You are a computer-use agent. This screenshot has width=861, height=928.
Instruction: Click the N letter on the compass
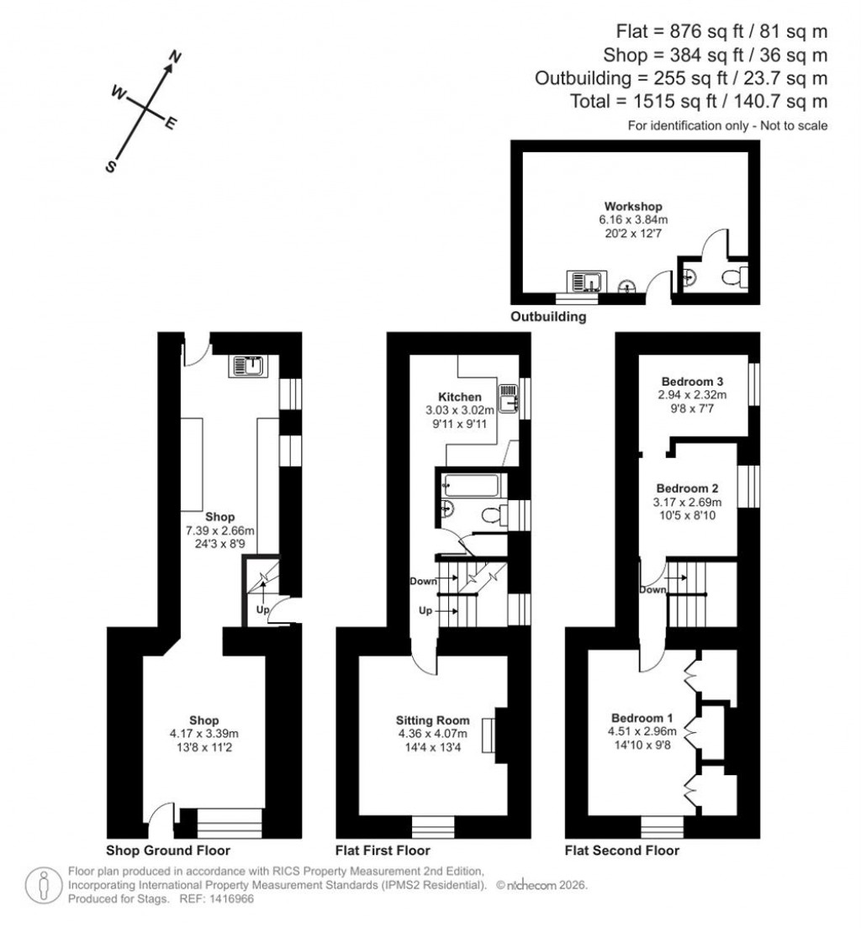click(176, 58)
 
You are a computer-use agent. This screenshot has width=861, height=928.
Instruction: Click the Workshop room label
click(633, 206)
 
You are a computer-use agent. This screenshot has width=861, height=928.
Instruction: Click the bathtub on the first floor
click(471, 486)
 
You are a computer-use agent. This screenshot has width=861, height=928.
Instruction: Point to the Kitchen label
click(460, 397)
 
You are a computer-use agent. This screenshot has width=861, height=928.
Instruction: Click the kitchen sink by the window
click(508, 398)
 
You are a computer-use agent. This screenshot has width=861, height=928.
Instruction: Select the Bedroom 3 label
click(693, 380)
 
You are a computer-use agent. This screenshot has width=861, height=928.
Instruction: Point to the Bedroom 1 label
click(642, 718)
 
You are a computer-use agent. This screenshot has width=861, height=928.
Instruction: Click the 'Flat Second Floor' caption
click(621, 851)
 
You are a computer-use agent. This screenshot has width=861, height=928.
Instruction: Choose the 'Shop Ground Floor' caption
click(168, 851)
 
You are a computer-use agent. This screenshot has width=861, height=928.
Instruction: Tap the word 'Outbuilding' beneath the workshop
click(548, 318)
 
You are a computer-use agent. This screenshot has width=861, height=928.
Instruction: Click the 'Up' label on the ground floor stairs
click(262, 610)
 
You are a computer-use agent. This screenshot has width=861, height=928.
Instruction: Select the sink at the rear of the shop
click(251, 366)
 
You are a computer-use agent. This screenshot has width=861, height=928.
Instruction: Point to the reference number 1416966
click(230, 899)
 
